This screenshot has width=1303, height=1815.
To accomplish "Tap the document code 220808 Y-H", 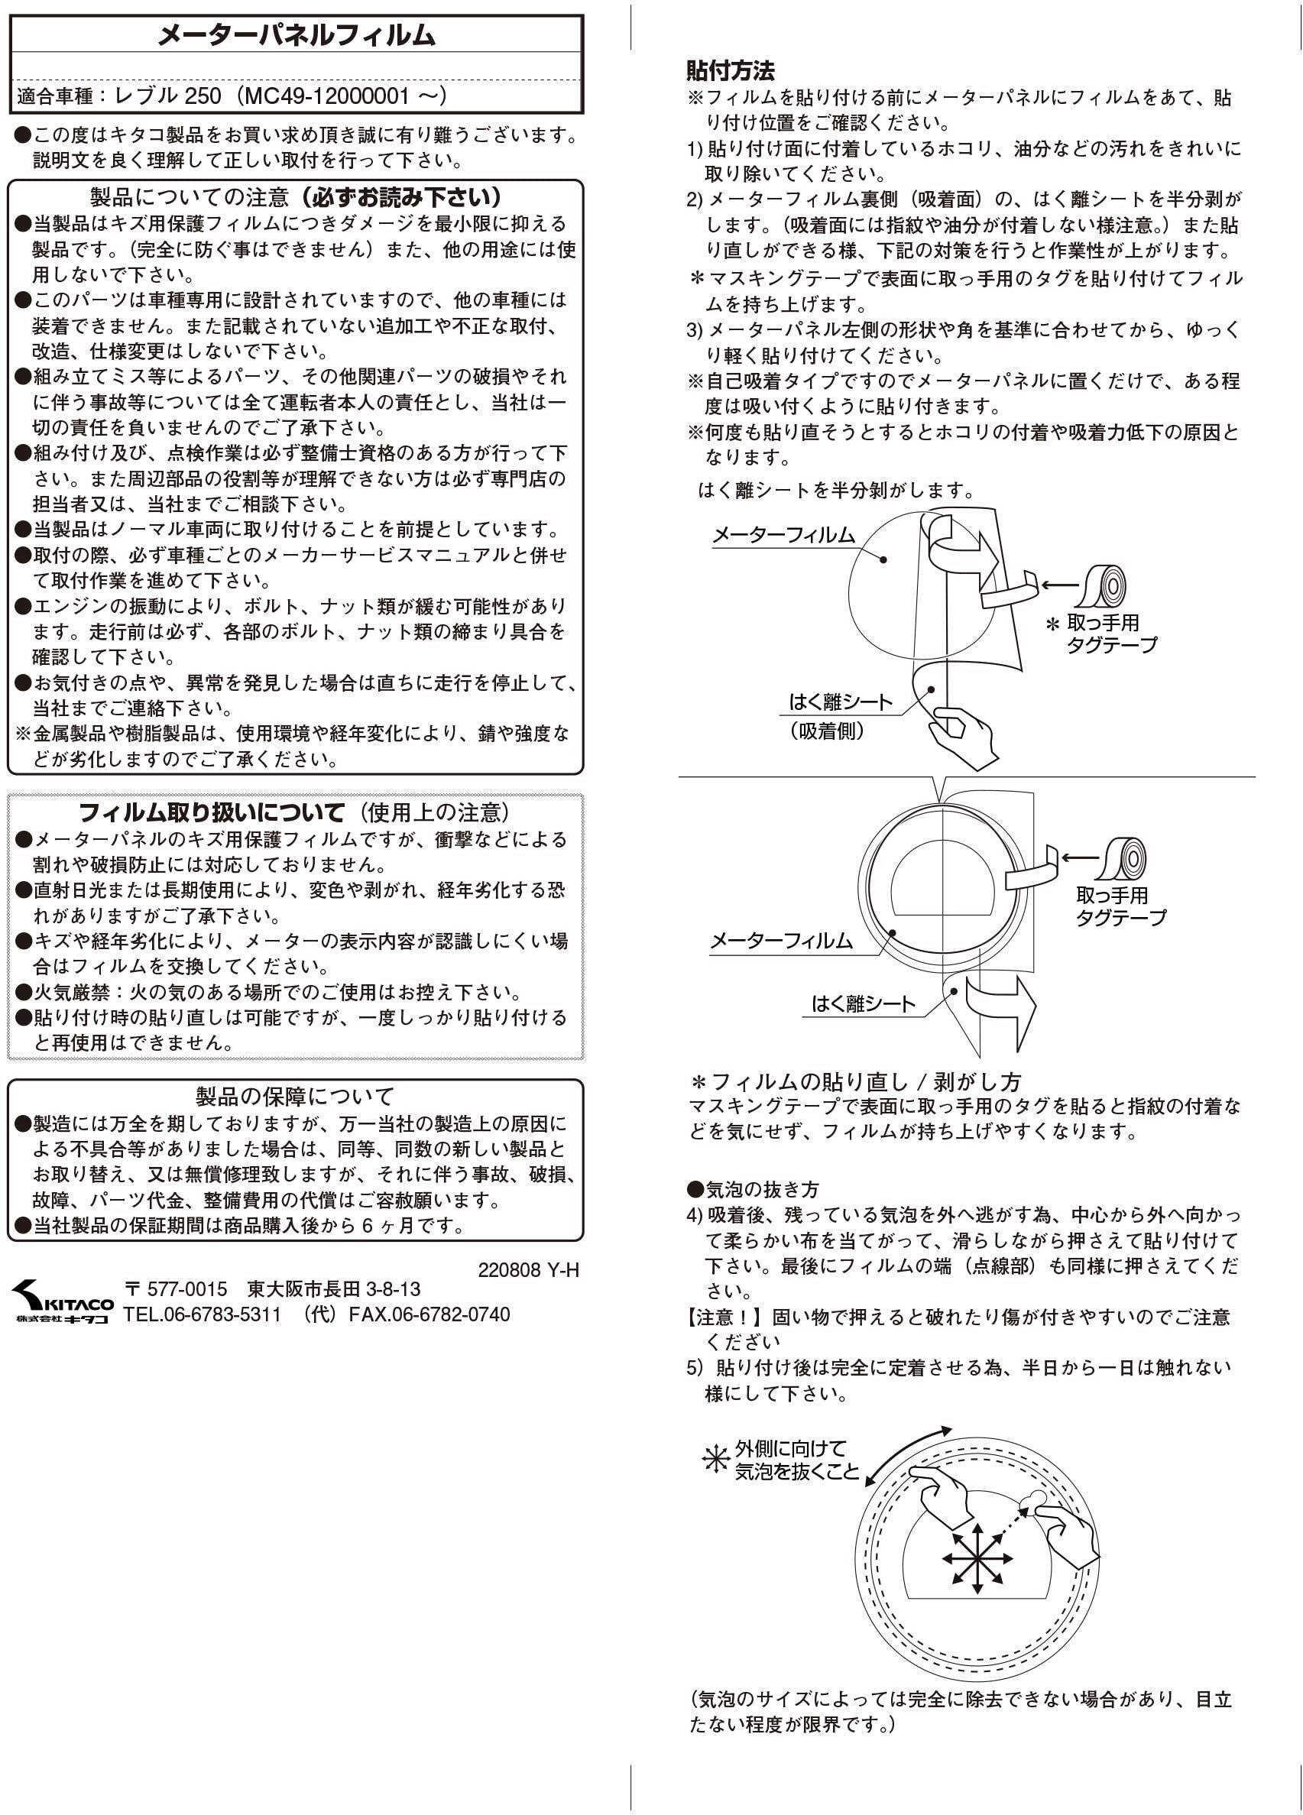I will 527,1270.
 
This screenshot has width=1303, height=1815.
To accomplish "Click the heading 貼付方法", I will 730,70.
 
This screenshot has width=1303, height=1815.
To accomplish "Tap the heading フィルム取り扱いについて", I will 212,812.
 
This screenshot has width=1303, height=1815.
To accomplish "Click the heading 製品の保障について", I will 295,1096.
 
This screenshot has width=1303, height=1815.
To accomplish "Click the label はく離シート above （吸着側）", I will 840,702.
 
